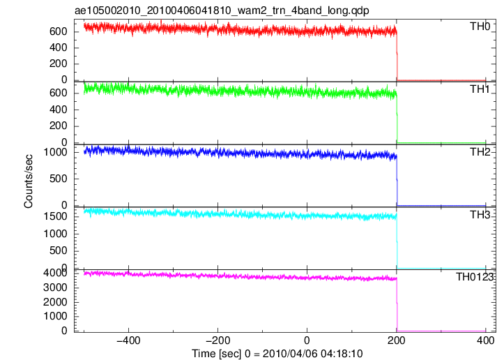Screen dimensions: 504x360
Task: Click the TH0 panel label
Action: (x=480, y=27)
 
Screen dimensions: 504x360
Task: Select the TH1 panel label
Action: (x=480, y=89)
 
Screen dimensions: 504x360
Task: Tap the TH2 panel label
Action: (x=480, y=152)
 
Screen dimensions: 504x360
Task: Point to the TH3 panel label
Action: (x=480, y=215)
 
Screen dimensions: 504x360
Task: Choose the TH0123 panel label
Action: (x=475, y=277)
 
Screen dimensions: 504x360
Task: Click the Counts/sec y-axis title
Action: (x=29, y=181)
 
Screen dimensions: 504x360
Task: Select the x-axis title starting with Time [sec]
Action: (x=277, y=354)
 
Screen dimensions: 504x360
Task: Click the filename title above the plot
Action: (x=222, y=10)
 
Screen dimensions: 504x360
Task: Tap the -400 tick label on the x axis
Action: (x=128, y=340)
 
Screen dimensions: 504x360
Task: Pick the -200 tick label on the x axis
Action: (x=217, y=340)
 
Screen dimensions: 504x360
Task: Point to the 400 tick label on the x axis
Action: (x=486, y=340)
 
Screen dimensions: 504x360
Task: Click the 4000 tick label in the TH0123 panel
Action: (x=55, y=273)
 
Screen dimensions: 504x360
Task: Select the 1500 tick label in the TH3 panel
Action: (x=55, y=216)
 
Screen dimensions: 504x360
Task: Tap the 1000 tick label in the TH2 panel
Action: (x=55, y=152)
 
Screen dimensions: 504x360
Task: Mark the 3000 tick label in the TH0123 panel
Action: (x=55, y=287)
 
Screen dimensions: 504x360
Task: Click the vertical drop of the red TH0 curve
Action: (x=397, y=55)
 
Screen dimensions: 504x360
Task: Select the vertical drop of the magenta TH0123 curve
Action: (x=397, y=305)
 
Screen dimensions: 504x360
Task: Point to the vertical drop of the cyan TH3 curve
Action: (x=397, y=241)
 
